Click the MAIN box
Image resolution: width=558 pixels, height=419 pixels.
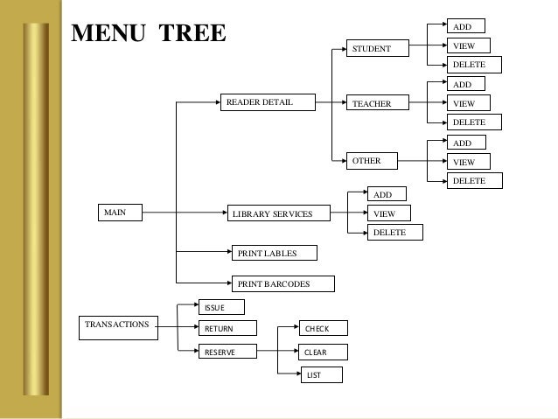[x=119, y=212]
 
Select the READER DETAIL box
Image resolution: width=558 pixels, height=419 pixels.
[x=268, y=103]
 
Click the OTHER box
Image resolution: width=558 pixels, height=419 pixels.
[x=371, y=161]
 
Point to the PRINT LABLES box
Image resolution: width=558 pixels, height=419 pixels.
[x=274, y=253]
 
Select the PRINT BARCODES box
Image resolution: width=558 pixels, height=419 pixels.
[x=281, y=283]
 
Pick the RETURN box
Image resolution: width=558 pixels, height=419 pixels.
[x=227, y=329]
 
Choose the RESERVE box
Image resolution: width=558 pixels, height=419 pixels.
[x=228, y=352]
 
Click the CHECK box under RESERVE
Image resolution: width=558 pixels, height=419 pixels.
[x=321, y=329]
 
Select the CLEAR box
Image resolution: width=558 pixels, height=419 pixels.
[x=321, y=352]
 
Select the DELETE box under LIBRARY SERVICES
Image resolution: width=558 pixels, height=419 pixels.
[x=394, y=233]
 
